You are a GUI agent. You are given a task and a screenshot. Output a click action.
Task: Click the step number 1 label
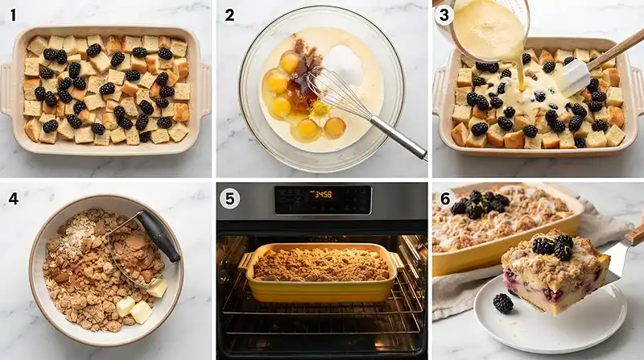coord(13,15)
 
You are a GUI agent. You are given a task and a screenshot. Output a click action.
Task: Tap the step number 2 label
coord(229,15)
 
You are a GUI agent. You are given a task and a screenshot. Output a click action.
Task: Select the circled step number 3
coord(444,15)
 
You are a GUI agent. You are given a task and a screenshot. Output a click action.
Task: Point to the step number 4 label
coord(14,198)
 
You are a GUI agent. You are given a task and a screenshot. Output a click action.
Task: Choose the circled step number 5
coord(229,199)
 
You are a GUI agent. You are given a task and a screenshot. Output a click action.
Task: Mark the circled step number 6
coord(445,199)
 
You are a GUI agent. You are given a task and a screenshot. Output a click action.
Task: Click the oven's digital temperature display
coord(323,194)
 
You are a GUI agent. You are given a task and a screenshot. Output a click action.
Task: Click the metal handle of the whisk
coord(399,137)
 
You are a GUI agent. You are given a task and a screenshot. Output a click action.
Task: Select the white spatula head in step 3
coord(574,77)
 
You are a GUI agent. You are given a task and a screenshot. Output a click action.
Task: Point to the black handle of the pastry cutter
coord(159,235)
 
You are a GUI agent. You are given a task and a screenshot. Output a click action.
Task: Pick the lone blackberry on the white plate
coord(503,303)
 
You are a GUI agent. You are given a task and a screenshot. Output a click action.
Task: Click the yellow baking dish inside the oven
coord(320,271)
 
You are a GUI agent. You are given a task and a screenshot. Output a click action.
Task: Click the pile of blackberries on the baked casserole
coord(480,205)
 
